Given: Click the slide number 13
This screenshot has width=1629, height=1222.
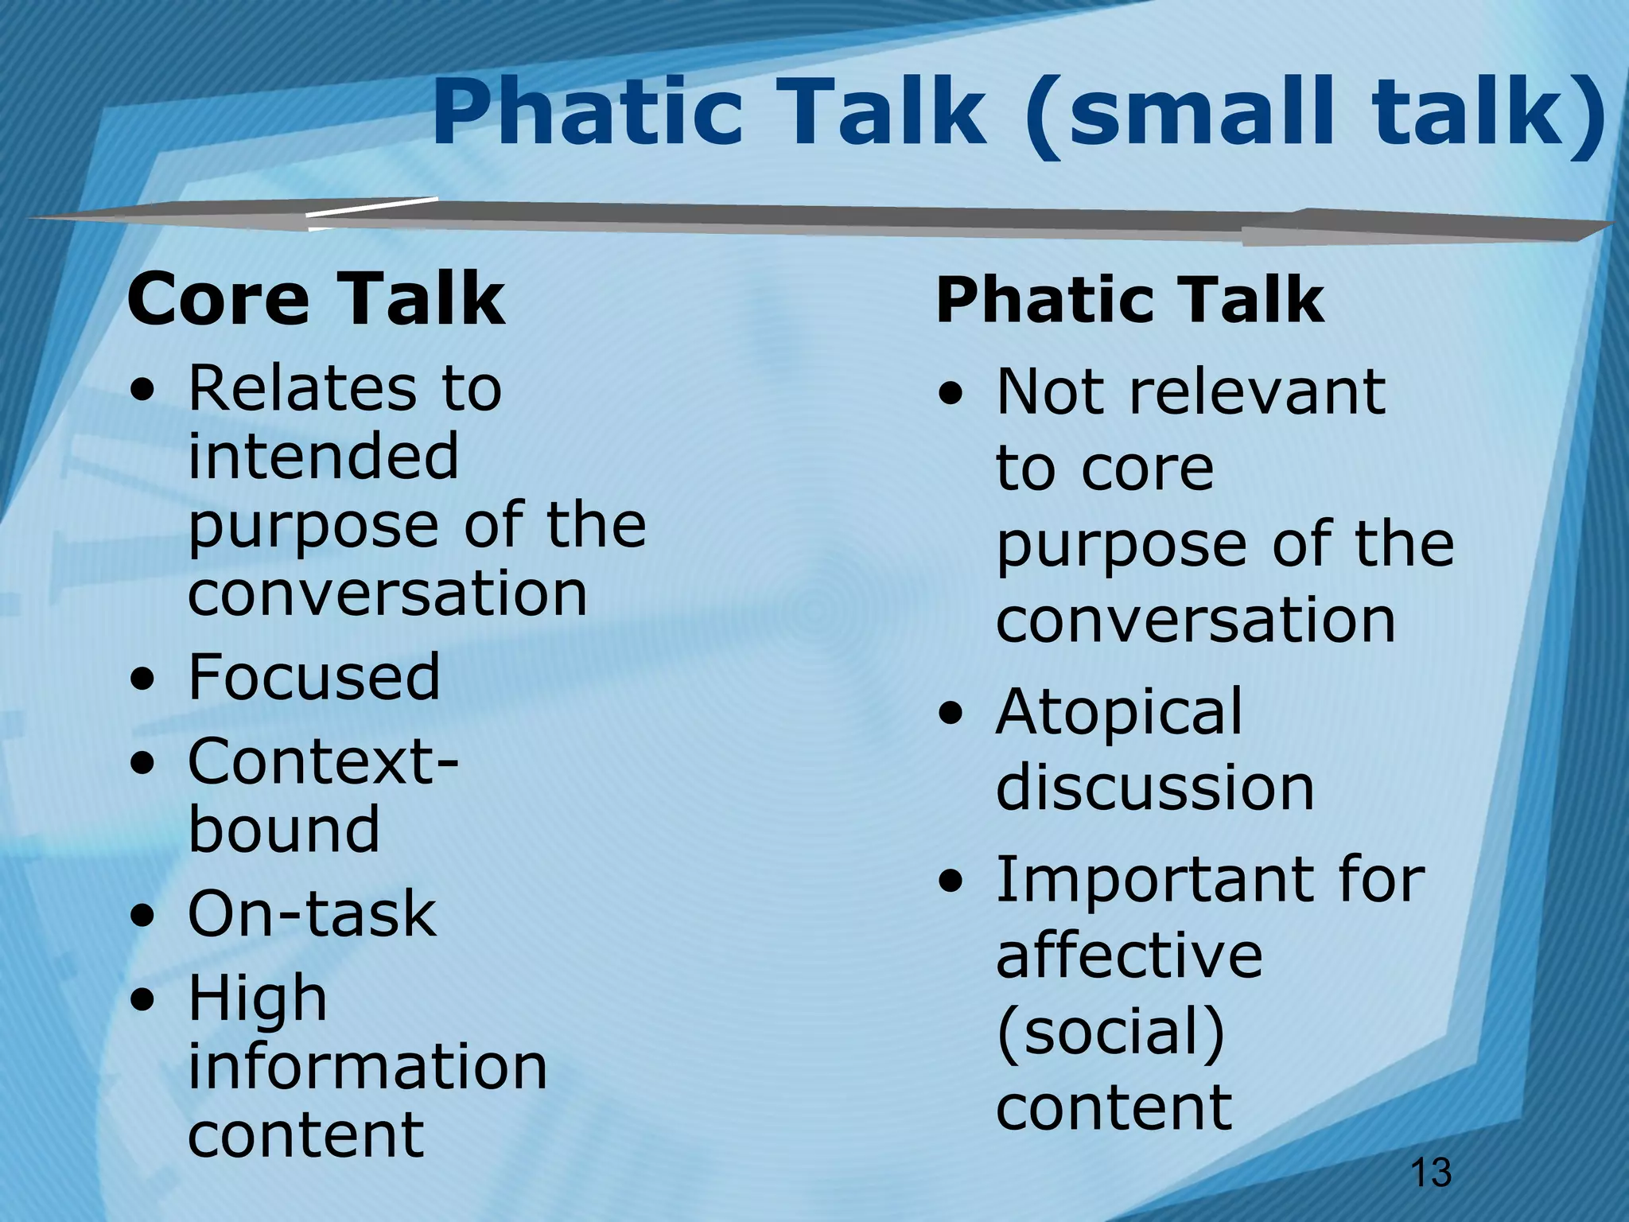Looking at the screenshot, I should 1430,1173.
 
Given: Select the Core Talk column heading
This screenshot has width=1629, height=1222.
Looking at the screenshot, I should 316,298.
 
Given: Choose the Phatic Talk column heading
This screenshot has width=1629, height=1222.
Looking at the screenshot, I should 1129,300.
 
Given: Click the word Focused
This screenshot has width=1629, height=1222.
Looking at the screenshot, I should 313,677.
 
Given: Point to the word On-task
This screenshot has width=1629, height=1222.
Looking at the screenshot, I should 312,913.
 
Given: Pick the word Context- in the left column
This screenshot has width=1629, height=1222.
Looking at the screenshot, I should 323,761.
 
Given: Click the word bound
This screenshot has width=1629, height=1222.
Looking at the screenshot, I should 284,829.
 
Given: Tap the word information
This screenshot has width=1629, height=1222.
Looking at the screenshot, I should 367,1067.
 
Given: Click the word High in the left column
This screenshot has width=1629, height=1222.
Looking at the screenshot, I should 257,998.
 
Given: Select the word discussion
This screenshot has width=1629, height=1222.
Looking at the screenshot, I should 1155,788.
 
